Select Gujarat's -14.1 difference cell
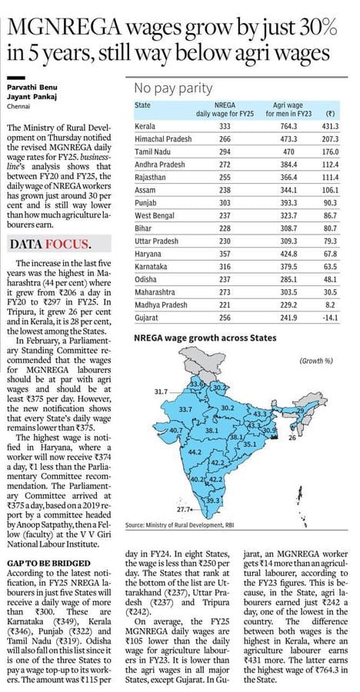(331, 317)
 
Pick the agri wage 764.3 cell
(290, 127)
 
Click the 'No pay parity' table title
(174, 88)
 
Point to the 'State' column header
(142, 105)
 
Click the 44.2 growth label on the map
(195, 452)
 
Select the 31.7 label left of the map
(162, 391)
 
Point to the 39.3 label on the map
(213, 500)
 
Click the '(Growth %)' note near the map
(316, 361)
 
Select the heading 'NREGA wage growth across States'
(205, 338)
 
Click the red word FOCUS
(70, 244)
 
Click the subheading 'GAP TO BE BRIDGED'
(42, 564)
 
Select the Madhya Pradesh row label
(161, 305)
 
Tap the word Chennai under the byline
(16, 106)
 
